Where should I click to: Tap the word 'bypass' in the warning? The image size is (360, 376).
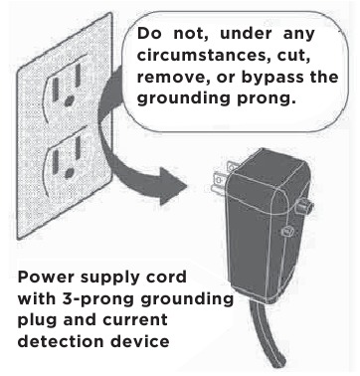[271, 78]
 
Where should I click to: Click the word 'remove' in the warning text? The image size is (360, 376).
[173, 78]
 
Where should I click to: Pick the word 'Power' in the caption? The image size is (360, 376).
[47, 278]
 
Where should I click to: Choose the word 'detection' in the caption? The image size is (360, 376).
[61, 341]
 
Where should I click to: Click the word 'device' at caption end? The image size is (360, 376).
[139, 341]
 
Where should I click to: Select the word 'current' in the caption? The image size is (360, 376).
[135, 320]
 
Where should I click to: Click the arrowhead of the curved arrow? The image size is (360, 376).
[172, 186]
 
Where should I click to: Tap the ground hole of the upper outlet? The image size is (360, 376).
[69, 100]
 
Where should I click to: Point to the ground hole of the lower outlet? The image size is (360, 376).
[69, 173]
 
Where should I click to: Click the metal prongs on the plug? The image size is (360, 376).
[221, 176]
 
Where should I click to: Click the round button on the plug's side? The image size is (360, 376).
[304, 206]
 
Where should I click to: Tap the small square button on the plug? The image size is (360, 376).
[286, 231]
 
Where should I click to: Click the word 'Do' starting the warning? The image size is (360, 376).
[149, 34]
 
